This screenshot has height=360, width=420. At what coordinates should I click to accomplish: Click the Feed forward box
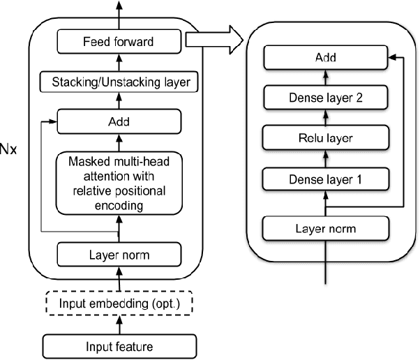pos(118,42)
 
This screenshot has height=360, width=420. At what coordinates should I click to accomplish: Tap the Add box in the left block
pos(119,123)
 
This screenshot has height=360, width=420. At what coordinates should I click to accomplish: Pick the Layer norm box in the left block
pos(118,254)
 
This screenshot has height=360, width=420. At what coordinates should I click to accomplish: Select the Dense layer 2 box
pos(325,99)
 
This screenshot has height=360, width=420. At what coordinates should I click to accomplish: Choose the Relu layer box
pos(325,139)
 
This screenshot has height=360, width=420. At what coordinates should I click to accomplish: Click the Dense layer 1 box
pos(325,181)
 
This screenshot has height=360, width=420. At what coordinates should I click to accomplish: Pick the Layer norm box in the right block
pos(325,227)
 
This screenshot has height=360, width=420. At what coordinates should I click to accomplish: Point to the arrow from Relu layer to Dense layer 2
pos(325,119)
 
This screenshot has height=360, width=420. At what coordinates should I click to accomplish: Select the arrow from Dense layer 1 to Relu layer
pos(325,160)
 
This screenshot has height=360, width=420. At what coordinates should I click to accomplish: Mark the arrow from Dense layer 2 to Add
pos(325,78)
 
